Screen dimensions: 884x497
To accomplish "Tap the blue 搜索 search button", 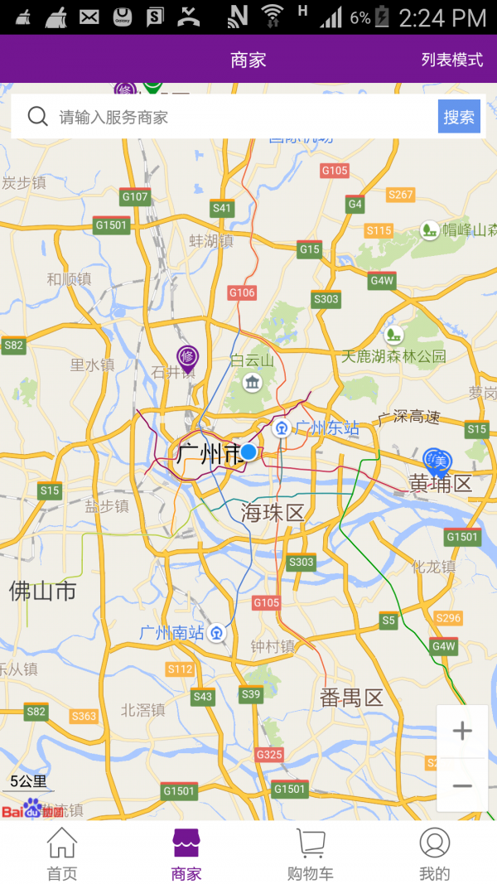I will click(459, 117).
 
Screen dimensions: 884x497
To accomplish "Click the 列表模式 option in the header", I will click(451, 60).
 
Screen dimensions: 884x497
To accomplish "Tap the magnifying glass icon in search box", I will click(37, 117).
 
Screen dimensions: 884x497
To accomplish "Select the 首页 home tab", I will click(62, 854).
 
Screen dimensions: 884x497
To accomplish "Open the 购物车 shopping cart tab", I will click(311, 854).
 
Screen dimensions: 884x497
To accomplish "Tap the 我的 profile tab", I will click(434, 854).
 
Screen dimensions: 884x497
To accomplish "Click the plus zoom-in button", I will click(462, 731).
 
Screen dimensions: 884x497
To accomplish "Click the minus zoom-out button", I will click(462, 785).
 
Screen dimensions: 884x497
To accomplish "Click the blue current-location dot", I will click(248, 452).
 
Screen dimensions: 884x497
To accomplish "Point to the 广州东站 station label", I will click(327, 428).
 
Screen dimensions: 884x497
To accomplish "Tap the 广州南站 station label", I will click(171, 633).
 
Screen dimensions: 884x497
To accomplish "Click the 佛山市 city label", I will click(43, 591).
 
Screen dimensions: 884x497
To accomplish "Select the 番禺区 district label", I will click(352, 698).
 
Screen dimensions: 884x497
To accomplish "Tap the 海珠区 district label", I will click(273, 513).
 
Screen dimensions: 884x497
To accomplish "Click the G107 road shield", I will click(135, 196).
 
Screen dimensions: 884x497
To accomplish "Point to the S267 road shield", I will click(400, 195).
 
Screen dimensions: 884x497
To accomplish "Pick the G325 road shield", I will click(269, 755).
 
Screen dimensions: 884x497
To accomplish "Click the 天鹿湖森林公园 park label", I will click(394, 356).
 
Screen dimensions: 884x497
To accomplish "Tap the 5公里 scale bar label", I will click(28, 780).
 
